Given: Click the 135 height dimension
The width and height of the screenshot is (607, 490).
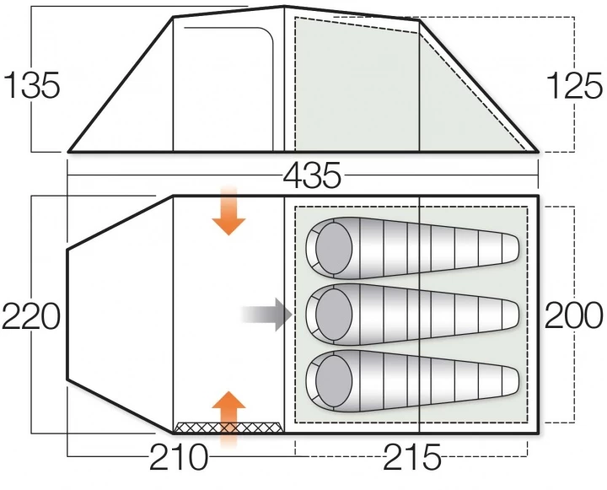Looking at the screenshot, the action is tap(32, 85).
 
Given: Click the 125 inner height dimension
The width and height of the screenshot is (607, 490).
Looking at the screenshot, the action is tap(574, 86).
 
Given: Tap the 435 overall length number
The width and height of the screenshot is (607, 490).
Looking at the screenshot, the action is tap(312, 175).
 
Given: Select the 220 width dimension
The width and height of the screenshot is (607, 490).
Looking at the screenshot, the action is tap(31, 316).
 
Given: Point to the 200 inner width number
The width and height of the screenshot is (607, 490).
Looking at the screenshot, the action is tap(574, 315).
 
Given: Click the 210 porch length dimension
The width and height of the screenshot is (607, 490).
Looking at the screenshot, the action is tap(179, 457).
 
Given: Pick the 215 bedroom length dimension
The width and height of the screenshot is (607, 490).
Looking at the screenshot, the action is tap(412, 457).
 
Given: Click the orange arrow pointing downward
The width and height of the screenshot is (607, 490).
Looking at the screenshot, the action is tap(228, 211).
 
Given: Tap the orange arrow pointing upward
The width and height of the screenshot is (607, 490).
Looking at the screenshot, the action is tap(228, 419).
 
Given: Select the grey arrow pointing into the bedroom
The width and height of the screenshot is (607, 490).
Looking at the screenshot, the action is tap(266, 314).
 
